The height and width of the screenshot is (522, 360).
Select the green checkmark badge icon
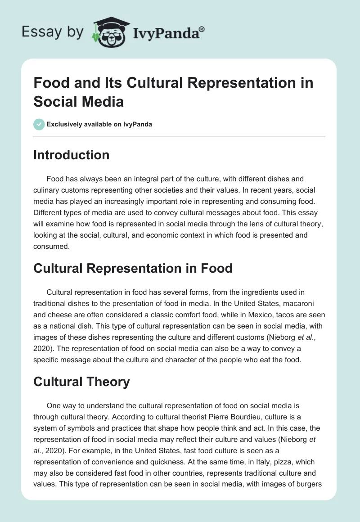(39, 124)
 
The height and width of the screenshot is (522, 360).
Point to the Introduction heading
(72, 155)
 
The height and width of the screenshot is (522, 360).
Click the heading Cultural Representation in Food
(133, 268)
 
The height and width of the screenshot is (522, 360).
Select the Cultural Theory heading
(82, 382)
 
